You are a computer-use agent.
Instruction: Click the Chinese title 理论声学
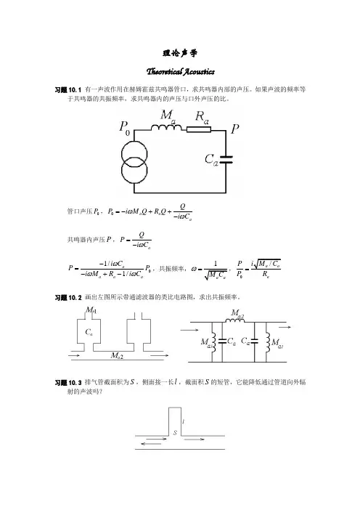(x=180, y=53)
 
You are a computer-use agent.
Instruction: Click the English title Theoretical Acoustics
(x=180, y=71)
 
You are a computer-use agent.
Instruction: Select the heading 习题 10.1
(x=68, y=90)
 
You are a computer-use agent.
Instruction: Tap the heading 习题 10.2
(x=68, y=298)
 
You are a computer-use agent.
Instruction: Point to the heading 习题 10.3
(x=68, y=382)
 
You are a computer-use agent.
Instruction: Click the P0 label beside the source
(x=124, y=127)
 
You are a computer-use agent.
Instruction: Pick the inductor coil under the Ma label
(x=166, y=128)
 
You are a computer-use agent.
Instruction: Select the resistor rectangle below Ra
(x=199, y=129)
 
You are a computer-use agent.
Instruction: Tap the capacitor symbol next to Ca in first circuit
(x=226, y=159)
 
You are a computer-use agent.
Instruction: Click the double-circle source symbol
(x=134, y=162)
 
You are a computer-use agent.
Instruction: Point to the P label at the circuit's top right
(x=235, y=129)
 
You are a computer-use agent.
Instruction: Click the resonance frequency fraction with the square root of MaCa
(x=215, y=270)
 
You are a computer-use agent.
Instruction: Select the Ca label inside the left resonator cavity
(x=89, y=332)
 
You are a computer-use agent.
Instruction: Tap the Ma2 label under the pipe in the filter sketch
(x=117, y=355)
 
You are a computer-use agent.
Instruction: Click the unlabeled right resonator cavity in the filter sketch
(x=139, y=331)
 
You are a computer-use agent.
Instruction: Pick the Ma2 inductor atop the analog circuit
(x=235, y=320)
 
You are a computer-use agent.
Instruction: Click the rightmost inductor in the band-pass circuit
(x=268, y=342)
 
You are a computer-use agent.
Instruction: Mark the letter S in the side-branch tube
(x=175, y=432)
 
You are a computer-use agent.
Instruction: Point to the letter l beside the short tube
(x=184, y=421)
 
